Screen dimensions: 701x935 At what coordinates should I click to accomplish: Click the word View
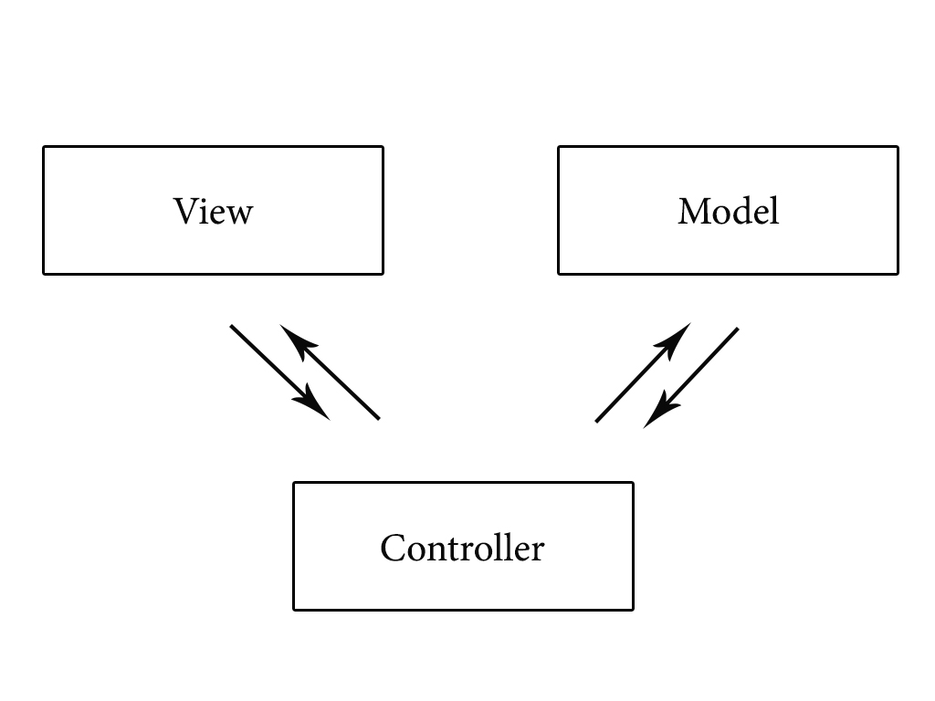tap(213, 211)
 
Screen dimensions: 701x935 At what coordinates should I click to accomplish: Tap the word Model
tap(728, 211)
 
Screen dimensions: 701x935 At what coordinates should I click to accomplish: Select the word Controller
tap(462, 548)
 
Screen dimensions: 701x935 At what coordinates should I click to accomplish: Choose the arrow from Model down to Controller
tap(694, 374)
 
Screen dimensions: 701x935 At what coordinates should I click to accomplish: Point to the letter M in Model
tap(694, 211)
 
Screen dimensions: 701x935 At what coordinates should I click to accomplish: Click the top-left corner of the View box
tap(44, 147)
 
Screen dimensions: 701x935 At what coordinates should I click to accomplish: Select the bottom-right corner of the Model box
tap(898, 273)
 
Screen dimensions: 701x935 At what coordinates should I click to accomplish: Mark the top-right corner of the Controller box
tap(633, 483)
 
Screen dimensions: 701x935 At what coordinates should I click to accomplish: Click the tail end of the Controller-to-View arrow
tap(378, 418)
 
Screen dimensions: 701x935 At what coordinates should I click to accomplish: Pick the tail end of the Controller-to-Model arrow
tap(597, 421)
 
